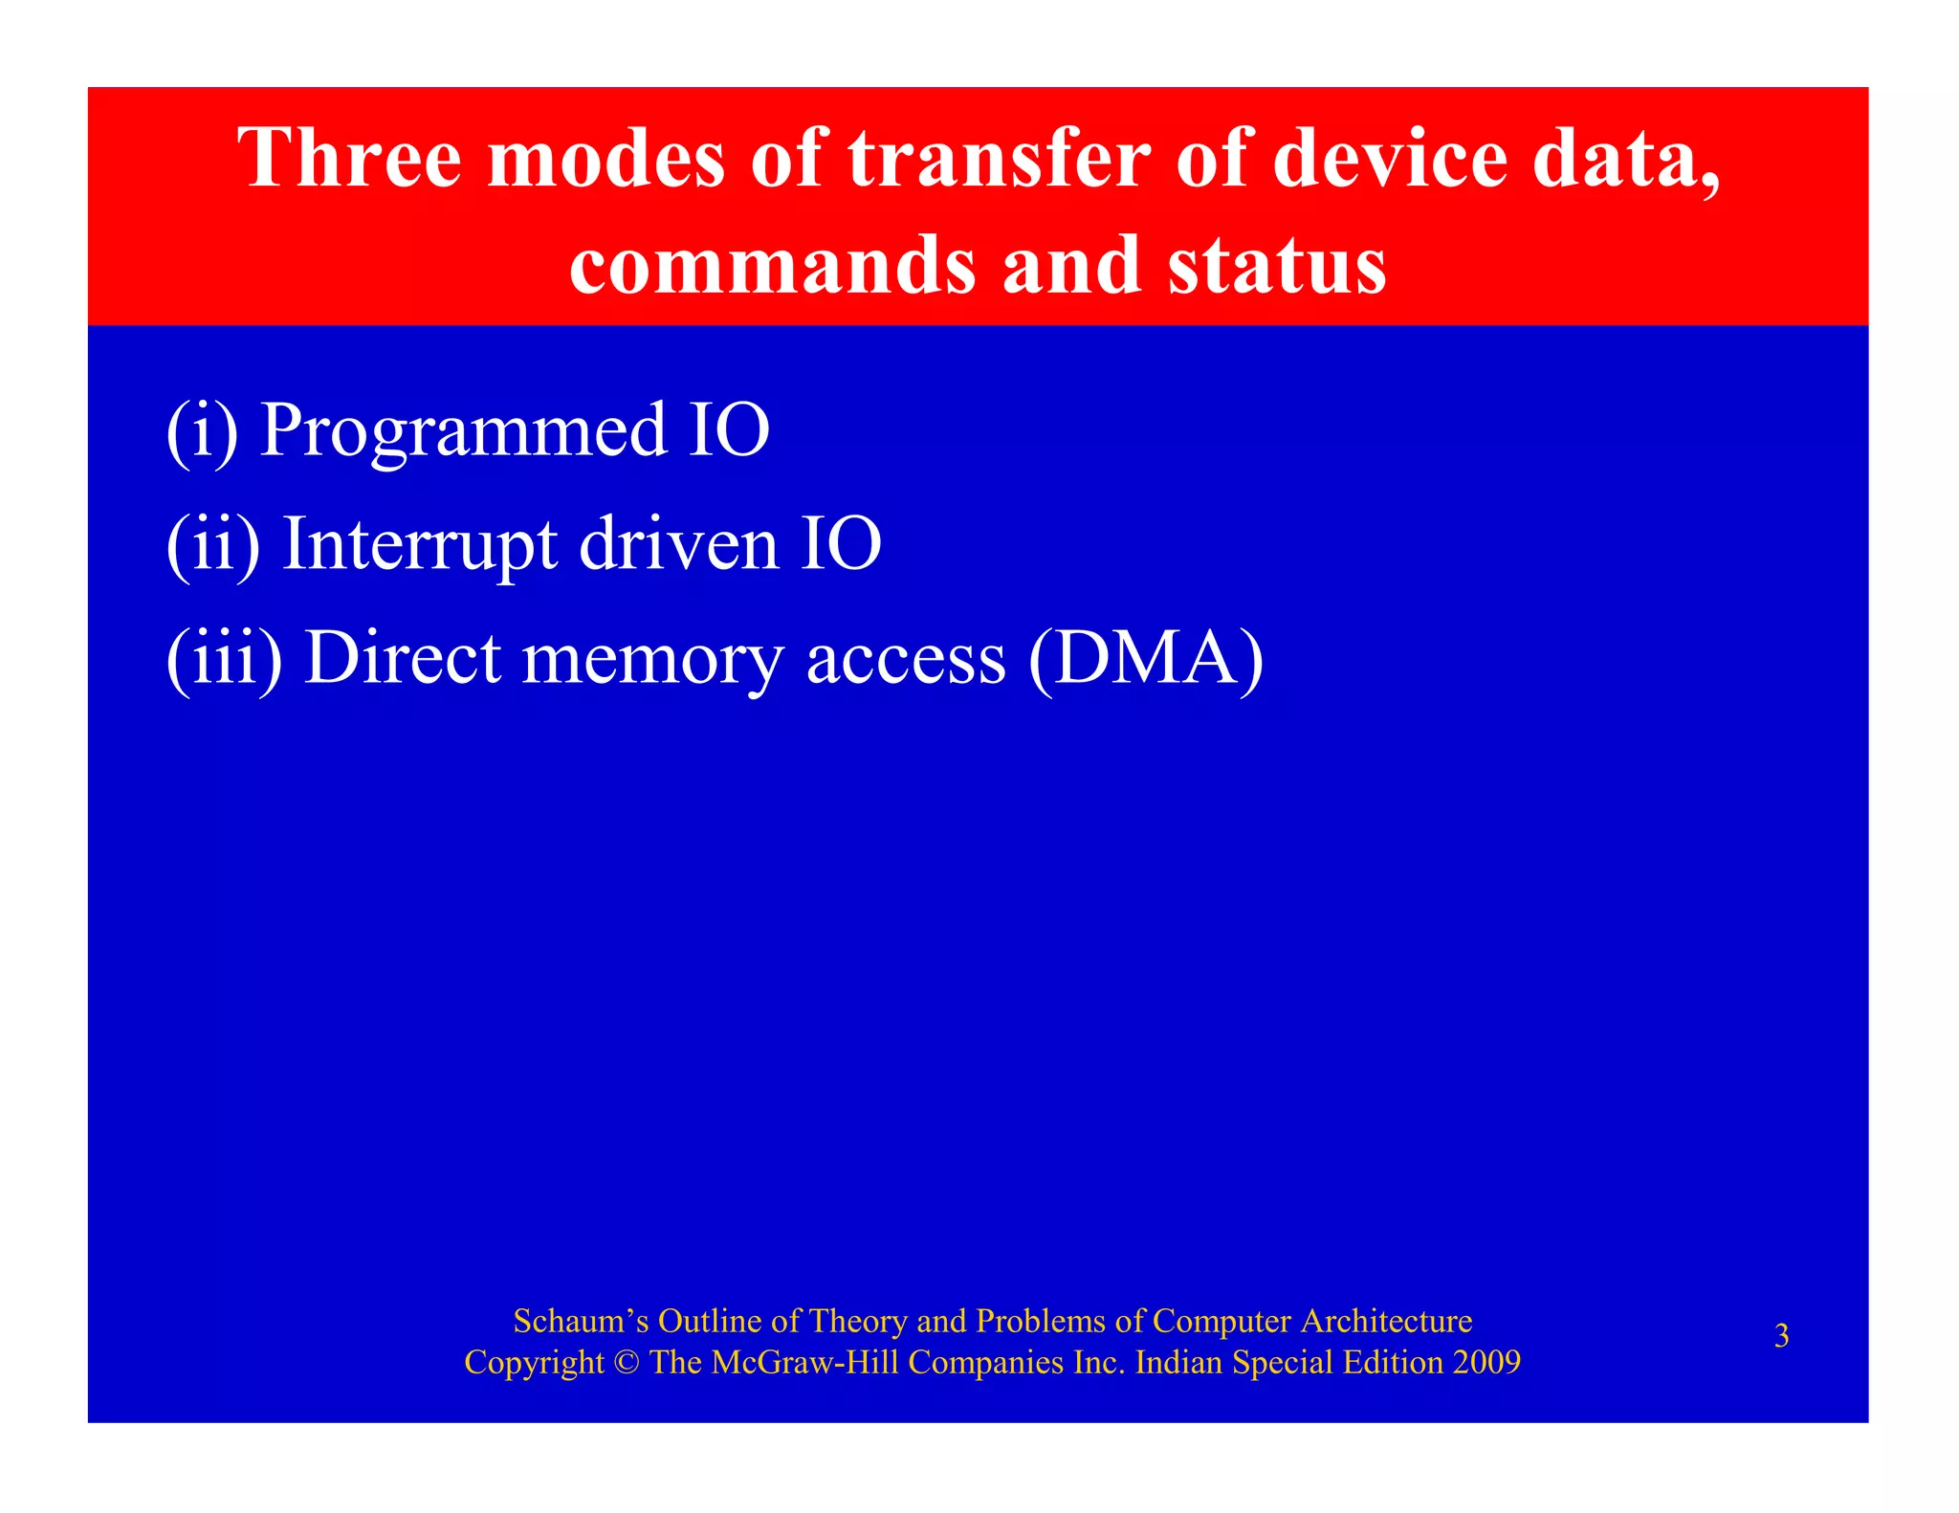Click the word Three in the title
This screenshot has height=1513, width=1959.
coord(349,158)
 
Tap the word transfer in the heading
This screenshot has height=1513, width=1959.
coord(999,158)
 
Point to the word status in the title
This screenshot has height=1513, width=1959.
coord(1277,265)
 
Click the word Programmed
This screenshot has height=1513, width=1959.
coord(463,430)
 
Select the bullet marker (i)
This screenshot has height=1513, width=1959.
coord(202,430)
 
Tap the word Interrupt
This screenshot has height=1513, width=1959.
coord(420,544)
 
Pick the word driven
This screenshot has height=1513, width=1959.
coord(679,544)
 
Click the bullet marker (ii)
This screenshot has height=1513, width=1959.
coord(213,544)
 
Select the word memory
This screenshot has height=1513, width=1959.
coord(652,660)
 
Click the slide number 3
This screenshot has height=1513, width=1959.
coord(1781,1336)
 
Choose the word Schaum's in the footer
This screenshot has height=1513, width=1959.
coord(581,1321)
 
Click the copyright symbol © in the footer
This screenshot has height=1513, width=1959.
coord(627,1362)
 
